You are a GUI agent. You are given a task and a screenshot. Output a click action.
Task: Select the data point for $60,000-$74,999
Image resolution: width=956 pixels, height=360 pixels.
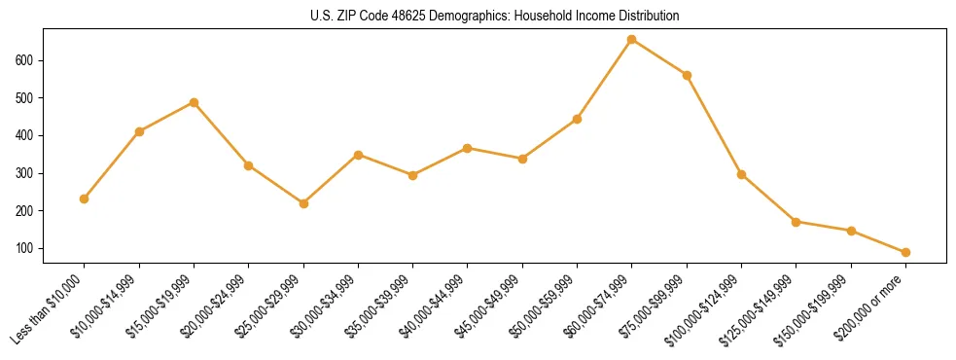tap(632, 40)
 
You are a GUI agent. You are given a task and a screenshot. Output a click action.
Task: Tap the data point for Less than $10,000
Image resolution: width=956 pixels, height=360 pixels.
tap(85, 198)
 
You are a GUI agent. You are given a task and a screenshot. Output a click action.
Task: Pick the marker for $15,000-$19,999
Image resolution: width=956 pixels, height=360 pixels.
tap(195, 102)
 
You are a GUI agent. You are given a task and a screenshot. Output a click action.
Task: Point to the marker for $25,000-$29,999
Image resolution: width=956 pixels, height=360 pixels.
tap(303, 203)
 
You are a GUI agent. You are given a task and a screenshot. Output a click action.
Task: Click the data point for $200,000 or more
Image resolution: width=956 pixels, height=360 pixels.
tap(905, 252)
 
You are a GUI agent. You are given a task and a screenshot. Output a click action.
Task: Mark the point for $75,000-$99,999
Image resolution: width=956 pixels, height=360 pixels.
tap(687, 75)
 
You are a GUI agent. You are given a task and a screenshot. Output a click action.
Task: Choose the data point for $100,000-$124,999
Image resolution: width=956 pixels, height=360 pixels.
tap(741, 174)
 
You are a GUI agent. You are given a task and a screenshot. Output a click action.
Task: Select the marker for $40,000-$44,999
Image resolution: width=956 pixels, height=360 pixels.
tap(468, 148)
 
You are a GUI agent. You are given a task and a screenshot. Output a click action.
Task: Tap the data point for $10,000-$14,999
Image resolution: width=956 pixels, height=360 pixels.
tap(139, 131)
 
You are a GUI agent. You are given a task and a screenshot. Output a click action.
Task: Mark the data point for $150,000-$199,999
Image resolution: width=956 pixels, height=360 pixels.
tap(851, 231)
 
